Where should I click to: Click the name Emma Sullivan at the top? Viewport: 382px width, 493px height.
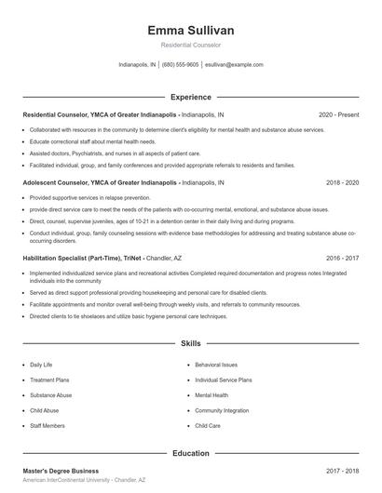191,28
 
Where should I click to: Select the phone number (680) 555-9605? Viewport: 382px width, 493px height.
181,65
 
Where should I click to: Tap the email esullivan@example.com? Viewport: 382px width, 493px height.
233,65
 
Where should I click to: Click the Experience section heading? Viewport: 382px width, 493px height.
191,97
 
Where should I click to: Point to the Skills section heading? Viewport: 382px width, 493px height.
191,343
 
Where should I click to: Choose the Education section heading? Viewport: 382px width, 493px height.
191,453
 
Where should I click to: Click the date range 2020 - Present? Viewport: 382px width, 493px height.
338,114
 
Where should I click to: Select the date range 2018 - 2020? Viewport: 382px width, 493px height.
342,183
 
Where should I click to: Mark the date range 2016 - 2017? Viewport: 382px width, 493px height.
342,258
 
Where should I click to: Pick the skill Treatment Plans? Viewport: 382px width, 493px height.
50,380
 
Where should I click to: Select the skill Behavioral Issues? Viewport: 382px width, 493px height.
216,366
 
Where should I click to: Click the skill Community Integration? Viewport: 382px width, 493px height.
222,410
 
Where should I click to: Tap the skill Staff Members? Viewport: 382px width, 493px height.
48,425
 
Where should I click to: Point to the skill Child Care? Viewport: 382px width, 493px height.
207,425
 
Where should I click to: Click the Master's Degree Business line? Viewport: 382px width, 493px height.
61,471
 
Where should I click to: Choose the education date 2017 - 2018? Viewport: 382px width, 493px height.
342,471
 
